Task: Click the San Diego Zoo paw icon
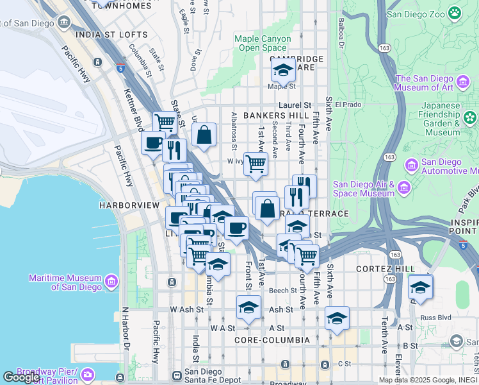(454, 12)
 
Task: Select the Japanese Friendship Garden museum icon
(471, 117)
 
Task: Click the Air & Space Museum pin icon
(404, 187)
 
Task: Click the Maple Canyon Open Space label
(263, 43)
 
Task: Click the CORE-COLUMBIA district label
(272, 339)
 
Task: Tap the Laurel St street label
(295, 105)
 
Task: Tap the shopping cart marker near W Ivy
(256, 164)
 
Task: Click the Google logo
(22, 377)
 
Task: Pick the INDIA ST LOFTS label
(106, 35)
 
